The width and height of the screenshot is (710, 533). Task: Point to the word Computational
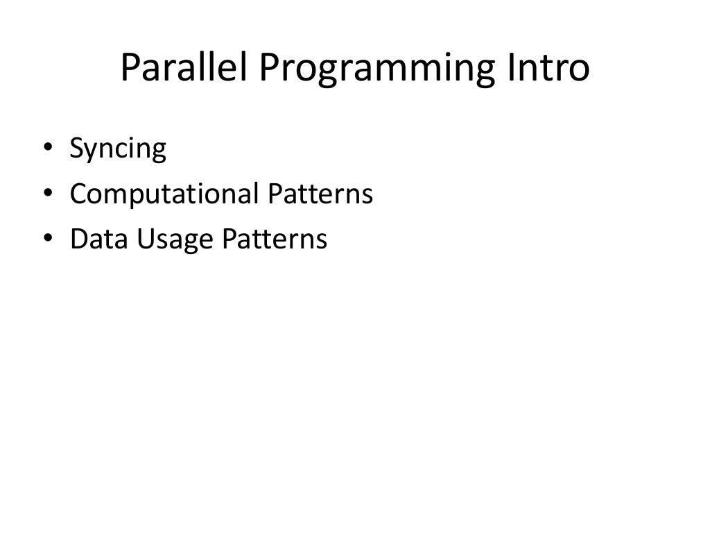164,195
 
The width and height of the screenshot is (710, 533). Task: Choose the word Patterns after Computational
320,194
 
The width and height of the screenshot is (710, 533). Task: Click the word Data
94,239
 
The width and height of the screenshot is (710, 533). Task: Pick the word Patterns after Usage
273,239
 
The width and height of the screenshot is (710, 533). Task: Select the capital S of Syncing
77,149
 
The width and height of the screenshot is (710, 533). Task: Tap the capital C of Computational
78,194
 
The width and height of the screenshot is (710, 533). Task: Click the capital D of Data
78,239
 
